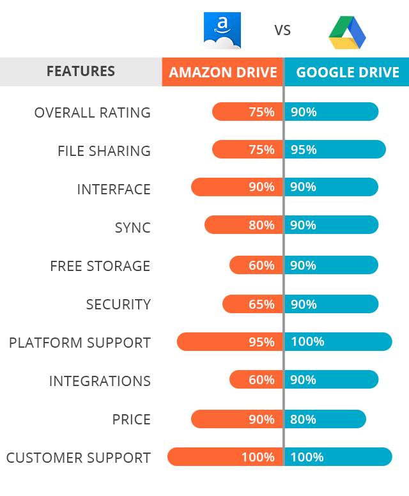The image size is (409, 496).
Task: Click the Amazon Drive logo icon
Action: [x=222, y=30]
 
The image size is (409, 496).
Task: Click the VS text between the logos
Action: [x=282, y=30]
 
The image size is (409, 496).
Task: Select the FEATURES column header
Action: [x=81, y=72]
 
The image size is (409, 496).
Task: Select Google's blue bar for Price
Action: [x=325, y=419]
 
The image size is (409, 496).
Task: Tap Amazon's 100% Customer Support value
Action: [x=258, y=457]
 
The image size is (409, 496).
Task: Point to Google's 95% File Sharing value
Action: [x=304, y=150]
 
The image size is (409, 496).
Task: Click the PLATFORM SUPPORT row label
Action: [x=80, y=343]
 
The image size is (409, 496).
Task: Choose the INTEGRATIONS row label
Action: [x=100, y=381]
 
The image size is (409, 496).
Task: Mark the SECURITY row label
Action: [x=118, y=304]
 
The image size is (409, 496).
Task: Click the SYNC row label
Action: [x=132, y=228]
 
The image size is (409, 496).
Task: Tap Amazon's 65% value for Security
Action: [x=261, y=304]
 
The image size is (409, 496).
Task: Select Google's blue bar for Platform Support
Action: [x=338, y=341]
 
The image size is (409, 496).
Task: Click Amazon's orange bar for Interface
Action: [x=236, y=187]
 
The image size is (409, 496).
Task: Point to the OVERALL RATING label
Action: [x=93, y=112]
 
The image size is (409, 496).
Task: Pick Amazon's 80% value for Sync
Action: [x=261, y=225]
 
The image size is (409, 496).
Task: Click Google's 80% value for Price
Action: [x=304, y=419]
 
